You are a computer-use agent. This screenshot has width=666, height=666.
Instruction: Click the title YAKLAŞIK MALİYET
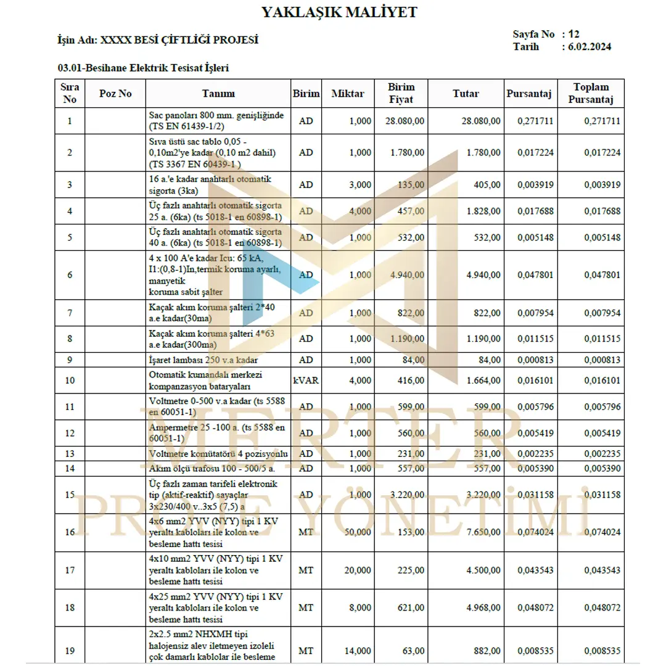[x=339, y=12]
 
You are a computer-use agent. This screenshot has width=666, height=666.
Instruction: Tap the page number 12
[x=574, y=35]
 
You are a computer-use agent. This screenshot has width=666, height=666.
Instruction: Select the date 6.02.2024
[x=590, y=47]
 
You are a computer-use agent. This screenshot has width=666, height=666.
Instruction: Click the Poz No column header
[x=115, y=94]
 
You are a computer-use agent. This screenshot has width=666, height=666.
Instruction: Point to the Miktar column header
[x=347, y=94]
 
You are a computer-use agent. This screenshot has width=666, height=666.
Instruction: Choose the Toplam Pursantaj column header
[x=590, y=94]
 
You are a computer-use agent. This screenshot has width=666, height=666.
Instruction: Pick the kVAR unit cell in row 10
[x=306, y=380]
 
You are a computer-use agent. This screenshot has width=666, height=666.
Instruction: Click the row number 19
[x=70, y=651]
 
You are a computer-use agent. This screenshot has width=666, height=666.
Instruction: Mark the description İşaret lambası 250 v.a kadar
[x=203, y=360]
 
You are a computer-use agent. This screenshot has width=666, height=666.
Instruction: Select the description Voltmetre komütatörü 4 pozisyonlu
[x=218, y=454]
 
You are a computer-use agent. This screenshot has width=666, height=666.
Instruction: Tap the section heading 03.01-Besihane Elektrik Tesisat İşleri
[x=144, y=68]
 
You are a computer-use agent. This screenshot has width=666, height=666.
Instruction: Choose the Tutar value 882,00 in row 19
[x=486, y=651]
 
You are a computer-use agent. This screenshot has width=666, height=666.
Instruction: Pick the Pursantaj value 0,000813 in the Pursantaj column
[x=536, y=360]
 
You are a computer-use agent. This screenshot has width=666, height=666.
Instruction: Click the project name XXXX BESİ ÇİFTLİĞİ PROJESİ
[x=179, y=41]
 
